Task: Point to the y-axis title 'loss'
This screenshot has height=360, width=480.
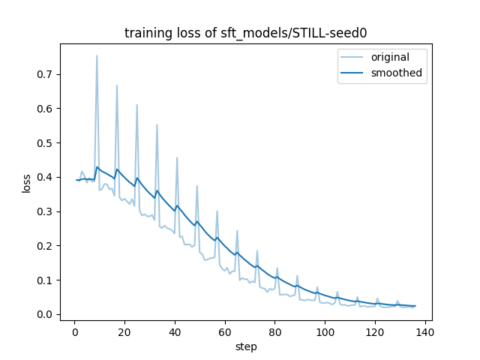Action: [x=27, y=182]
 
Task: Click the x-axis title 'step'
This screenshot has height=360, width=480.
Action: [x=246, y=346]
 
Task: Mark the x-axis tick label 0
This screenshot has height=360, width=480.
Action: [x=74, y=331]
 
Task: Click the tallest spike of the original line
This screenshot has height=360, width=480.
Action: [x=97, y=56]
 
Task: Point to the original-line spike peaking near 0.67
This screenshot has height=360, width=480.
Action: [x=117, y=86]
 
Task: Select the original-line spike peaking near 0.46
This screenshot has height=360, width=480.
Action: [x=177, y=158]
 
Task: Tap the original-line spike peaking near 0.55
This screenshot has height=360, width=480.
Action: [x=157, y=126]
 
